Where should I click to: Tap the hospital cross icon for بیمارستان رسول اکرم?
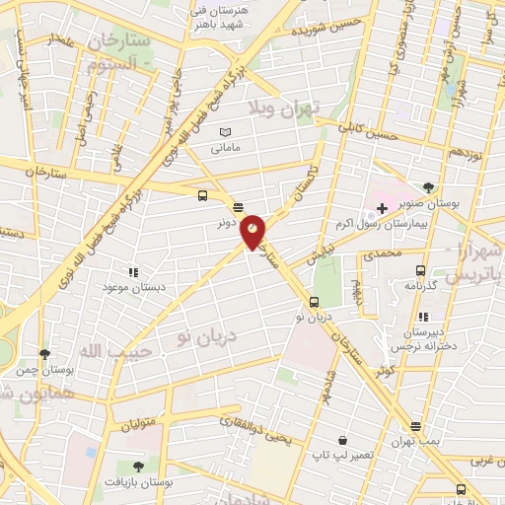382,208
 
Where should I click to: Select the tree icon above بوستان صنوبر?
427,187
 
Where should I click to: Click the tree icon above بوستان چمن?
44,354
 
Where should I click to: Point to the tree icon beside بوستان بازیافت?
136,467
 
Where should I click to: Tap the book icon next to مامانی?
225,132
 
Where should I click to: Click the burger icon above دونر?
238,207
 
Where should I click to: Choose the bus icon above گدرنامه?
421,270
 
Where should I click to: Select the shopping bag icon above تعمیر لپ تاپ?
341,440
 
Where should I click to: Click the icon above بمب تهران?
415,427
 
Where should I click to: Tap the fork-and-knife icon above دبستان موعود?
132,271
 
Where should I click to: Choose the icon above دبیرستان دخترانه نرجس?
423,317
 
